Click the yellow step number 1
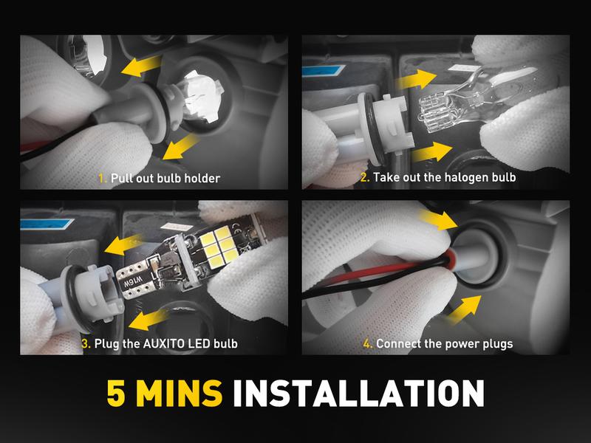[x=102, y=178]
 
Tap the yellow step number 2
[x=365, y=177]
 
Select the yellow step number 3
[x=86, y=343]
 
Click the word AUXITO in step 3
[x=163, y=343]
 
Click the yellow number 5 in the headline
[x=116, y=393]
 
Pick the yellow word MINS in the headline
[x=180, y=393]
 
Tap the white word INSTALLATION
[x=358, y=393]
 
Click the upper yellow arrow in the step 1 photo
[x=141, y=66]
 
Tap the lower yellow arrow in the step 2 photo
[x=432, y=152]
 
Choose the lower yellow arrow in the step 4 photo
[x=465, y=309]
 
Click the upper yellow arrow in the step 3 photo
[x=123, y=244]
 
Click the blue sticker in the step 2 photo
[x=324, y=71]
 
